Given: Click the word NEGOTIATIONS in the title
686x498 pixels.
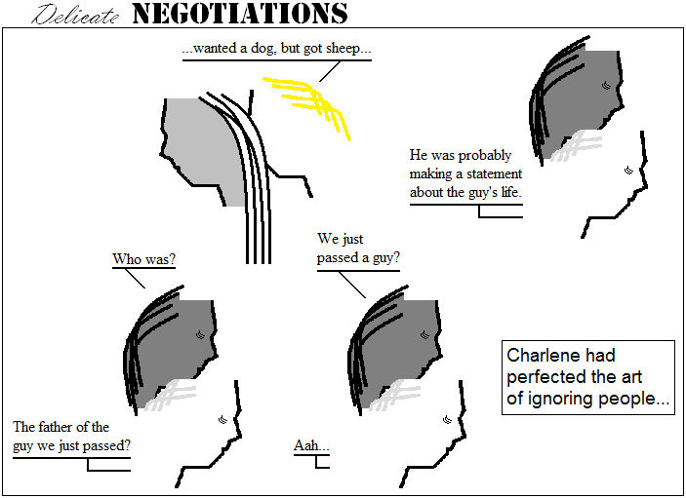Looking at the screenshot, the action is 240,14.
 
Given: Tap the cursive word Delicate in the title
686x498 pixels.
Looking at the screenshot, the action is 75,15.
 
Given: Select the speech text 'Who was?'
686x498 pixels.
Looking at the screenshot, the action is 144,259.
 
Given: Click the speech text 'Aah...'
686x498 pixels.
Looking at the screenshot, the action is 311,445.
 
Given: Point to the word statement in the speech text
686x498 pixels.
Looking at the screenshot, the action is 494,173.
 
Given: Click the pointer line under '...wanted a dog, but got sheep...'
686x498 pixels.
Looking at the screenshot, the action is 330,71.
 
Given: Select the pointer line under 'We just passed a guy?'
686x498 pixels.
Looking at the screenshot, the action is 352,285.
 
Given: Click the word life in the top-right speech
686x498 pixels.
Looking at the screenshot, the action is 511,192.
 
